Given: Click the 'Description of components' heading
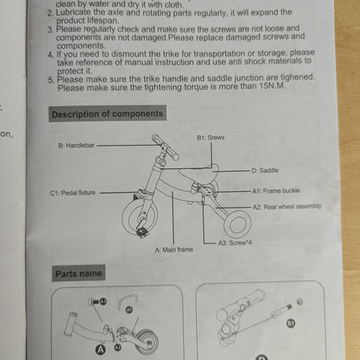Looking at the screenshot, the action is (107, 114).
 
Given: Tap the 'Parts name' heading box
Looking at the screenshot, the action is (79, 273).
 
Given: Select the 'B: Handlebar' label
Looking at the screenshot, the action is (76, 146).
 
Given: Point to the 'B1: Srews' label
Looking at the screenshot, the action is (210, 137).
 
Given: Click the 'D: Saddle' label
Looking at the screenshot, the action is (265, 171).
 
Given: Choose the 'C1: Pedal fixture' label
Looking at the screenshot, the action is (73, 193).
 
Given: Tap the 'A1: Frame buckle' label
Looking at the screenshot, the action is (275, 191).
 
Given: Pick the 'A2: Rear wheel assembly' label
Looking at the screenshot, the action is (286, 207).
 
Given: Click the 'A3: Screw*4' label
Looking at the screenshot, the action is (234, 243).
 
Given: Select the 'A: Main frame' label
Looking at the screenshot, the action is (174, 249).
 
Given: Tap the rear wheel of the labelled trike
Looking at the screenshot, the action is (237, 224).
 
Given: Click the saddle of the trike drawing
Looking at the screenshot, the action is (198, 173).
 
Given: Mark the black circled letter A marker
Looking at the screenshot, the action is (100, 349).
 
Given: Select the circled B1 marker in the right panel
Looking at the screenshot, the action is (291, 323).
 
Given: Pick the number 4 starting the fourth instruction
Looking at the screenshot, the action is (50, 54).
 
